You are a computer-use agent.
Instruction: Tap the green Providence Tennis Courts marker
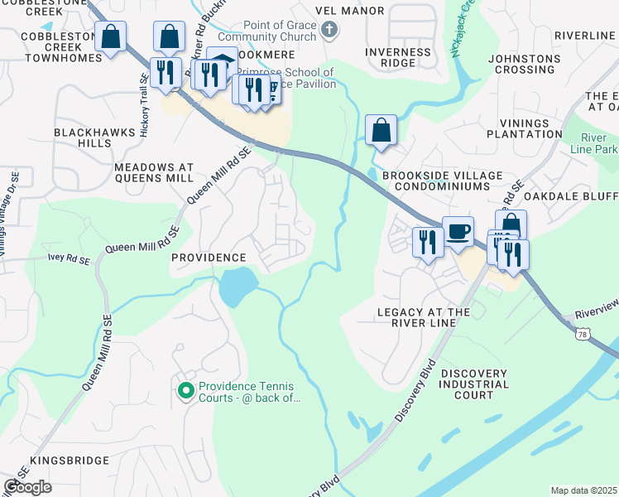point(185,388)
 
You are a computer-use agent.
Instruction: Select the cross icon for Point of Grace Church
point(329,31)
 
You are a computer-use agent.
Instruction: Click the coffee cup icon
point(457,231)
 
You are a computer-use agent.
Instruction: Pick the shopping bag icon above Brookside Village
point(380,129)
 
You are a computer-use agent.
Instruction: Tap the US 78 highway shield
point(585,332)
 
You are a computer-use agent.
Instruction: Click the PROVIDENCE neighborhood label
point(209,258)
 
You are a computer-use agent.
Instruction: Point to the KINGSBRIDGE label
point(70,460)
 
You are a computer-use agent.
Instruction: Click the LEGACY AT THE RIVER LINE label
point(424,318)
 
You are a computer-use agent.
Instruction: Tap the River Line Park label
point(594,143)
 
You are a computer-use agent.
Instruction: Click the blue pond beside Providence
point(237,286)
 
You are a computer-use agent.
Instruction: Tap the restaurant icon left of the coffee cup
point(427,243)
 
